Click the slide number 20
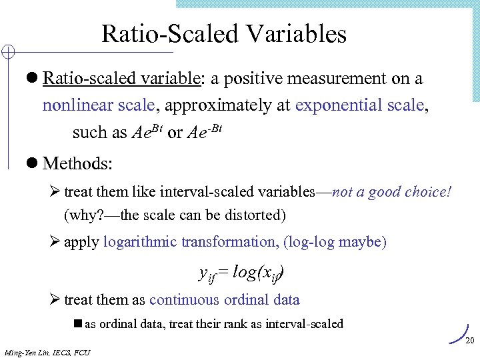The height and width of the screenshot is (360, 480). click(x=469, y=341)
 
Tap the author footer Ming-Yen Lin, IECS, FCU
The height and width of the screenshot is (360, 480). click(x=47, y=352)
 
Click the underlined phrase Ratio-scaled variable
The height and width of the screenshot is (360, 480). click(x=122, y=79)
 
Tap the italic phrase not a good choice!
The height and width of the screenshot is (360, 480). click(x=391, y=193)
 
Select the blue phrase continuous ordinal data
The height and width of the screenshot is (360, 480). click(x=225, y=300)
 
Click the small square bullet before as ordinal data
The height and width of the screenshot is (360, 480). click(x=77, y=324)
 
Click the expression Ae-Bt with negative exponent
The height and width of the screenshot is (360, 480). click(x=203, y=131)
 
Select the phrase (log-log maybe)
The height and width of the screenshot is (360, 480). click(x=335, y=241)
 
